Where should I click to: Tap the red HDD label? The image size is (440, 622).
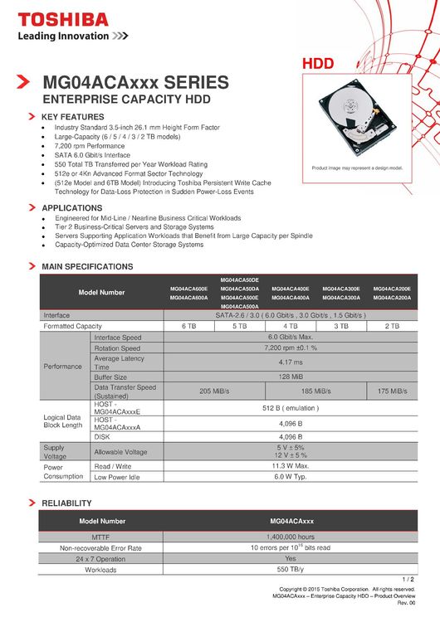point(318,64)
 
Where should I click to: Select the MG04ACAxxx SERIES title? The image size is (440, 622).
point(135,82)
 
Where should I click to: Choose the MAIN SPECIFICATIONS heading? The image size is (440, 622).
point(87,267)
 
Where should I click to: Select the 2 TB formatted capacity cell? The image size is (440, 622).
point(392,327)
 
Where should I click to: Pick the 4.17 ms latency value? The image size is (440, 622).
point(290,362)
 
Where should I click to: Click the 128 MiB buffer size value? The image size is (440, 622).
point(290,377)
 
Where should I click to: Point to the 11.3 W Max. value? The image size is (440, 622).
point(290,466)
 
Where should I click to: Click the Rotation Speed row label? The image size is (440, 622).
point(118,348)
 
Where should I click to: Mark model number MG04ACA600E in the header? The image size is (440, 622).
point(188,289)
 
